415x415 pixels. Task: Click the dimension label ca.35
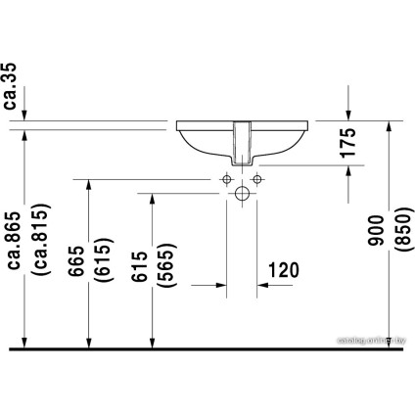[12, 85]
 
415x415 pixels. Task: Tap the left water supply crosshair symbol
[225, 179]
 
